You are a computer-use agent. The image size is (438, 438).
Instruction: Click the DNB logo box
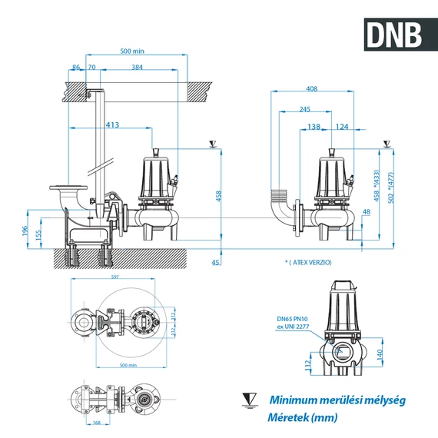[393, 33]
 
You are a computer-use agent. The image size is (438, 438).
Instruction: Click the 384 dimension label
[137, 68]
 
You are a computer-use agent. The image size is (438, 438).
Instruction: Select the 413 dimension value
[112, 124]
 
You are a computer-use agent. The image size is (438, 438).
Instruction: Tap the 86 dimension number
[75, 68]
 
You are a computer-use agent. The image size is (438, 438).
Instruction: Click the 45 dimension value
[215, 263]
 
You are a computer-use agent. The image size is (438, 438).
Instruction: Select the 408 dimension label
[311, 88]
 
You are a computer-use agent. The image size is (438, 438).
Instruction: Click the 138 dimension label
[314, 126]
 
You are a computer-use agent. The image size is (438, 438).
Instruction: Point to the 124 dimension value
[342, 126]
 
